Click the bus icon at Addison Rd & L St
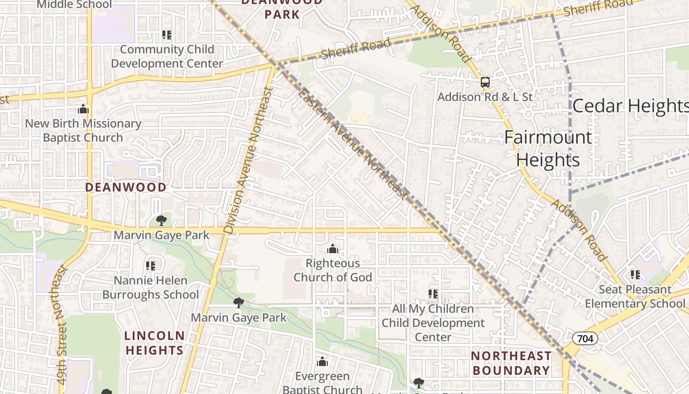(x=485, y=82)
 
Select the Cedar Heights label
(x=630, y=106)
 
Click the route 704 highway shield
(x=585, y=338)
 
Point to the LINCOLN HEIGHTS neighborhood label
(x=154, y=343)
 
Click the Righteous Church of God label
(x=333, y=270)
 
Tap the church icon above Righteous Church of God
(x=333, y=249)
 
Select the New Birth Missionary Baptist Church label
(x=83, y=131)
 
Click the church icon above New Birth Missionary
(x=83, y=109)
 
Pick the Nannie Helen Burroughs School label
(x=151, y=288)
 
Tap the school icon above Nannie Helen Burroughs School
(x=151, y=266)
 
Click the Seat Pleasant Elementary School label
(x=635, y=296)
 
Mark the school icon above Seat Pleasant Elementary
(x=635, y=274)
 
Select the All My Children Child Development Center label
(x=433, y=323)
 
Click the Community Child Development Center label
(x=167, y=57)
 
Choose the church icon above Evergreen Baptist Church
(x=322, y=362)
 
